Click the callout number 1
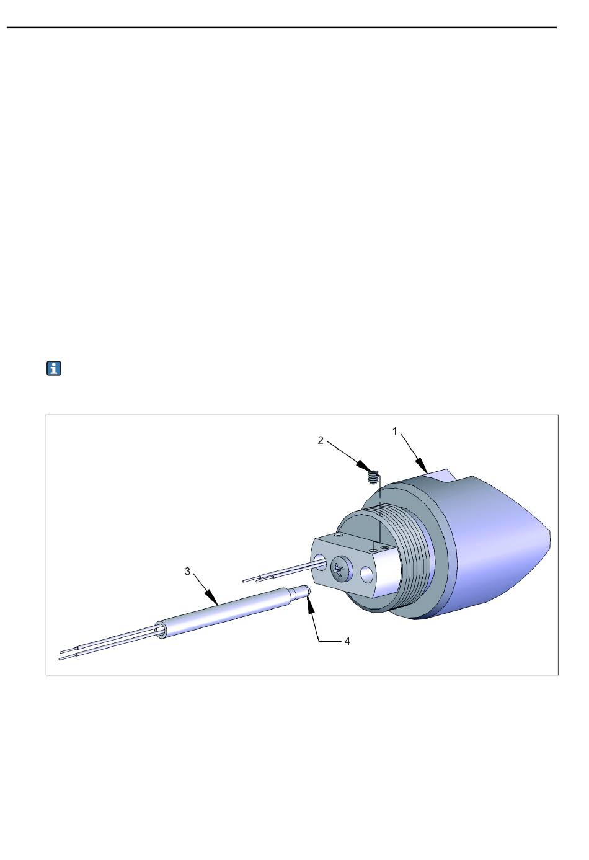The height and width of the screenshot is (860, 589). point(395,432)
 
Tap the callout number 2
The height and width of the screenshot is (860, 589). point(321,440)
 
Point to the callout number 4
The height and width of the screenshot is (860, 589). point(347,641)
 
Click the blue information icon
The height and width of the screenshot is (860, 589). point(54,368)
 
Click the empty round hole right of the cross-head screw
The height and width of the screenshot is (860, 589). point(367,575)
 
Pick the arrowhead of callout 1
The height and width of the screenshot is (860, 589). point(422,465)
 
